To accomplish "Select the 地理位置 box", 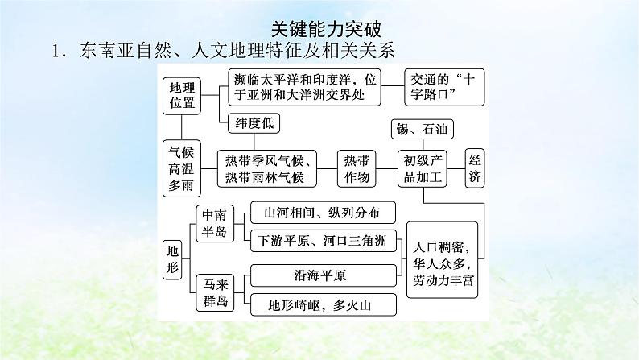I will click(x=179, y=95).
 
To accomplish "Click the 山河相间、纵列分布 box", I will click(x=322, y=212).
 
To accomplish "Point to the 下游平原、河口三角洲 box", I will click(x=322, y=239).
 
